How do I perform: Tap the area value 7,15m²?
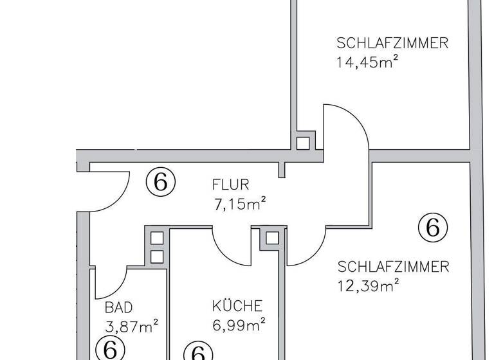[x=240, y=205]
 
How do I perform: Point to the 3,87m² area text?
[x=132, y=327]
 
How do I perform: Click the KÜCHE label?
[x=237, y=306]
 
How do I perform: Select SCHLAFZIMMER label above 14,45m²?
[x=392, y=44]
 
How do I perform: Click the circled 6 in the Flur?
[x=160, y=182]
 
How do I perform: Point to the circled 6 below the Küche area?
[x=198, y=353]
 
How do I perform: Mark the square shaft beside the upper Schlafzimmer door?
[x=302, y=142]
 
